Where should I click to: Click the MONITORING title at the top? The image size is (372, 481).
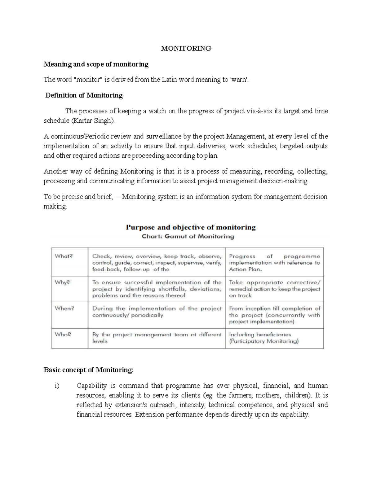(x=186, y=48)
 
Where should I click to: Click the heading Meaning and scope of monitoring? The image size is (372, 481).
(x=96, y=64)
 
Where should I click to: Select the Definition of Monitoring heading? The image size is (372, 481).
(x=84, y=95)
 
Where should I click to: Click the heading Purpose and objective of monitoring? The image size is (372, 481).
(x=191, y=227)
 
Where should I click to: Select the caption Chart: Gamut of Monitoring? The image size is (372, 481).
(x=188, y=237)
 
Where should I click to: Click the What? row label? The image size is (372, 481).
(x=64, y=256)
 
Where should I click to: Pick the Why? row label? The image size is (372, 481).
(x=63, y=282)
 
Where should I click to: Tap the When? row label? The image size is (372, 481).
(x=64, y=308)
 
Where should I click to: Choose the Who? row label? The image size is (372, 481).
(x=63, y=335)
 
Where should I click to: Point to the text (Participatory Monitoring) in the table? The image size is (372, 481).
(x=264, y=341)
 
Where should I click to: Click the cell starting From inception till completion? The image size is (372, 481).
(x=274, y=315)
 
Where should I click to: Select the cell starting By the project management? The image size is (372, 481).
(x=157, y=338)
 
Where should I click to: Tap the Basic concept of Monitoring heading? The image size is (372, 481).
(x=88, y=370)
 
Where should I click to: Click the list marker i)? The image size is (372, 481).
(x=57, y=386)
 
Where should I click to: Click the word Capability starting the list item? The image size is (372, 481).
(x=91, y=386)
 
